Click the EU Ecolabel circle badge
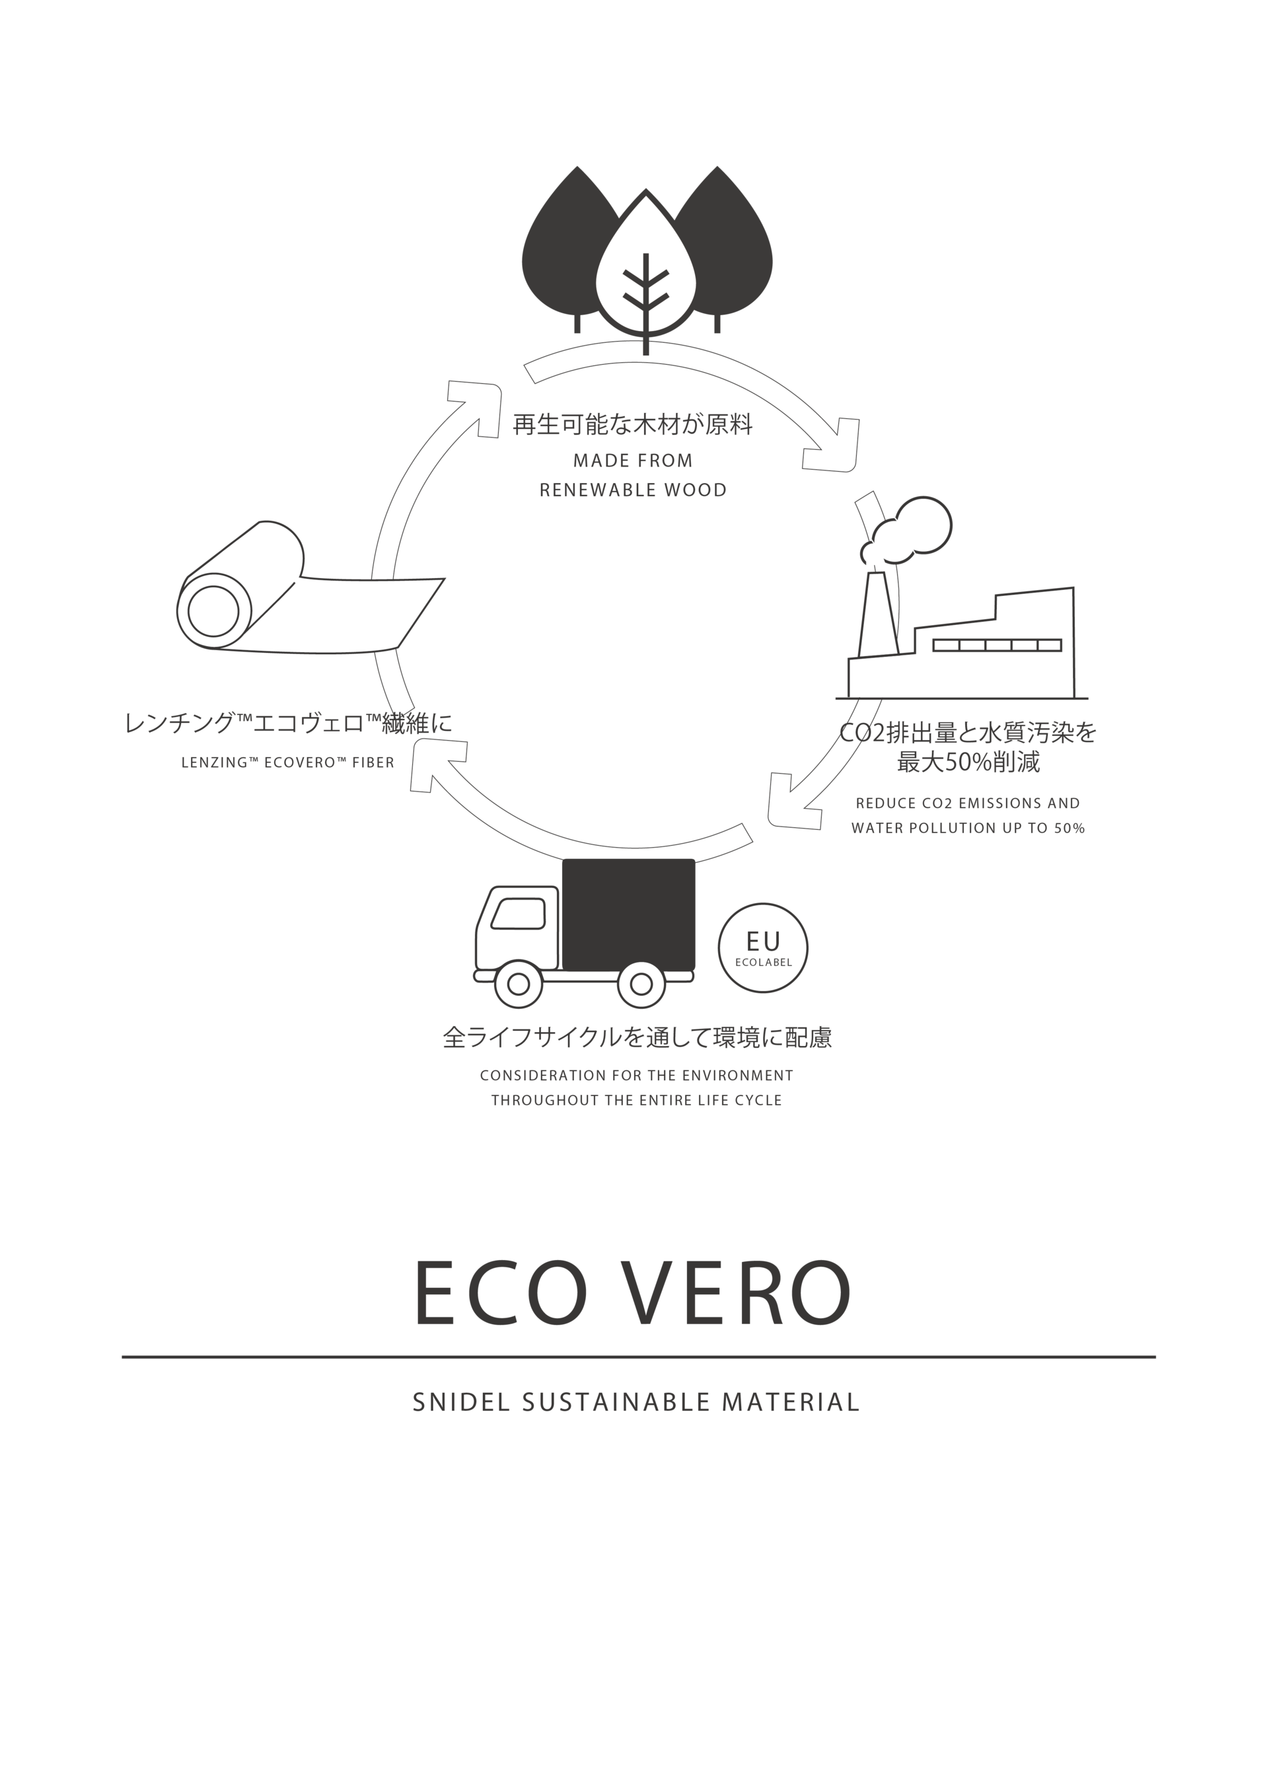coord(762,948)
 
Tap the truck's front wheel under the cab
coord(518,984)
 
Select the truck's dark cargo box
coord(628,914)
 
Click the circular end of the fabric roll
coord(213,611)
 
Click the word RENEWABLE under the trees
coord(598,491)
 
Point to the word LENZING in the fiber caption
coord(214,762)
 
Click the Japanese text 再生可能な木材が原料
coord(633,425)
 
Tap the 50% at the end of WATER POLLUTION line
coord(1069,829)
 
